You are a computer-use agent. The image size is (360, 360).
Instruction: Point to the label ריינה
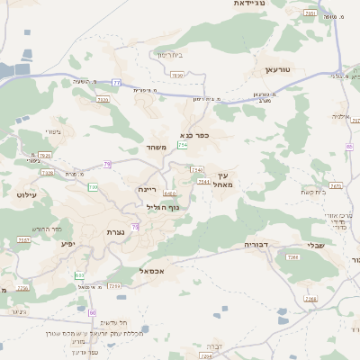tap(148, 189)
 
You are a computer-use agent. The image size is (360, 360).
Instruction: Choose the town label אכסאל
tap(152, 270)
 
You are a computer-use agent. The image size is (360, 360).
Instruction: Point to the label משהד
tap(156, 147)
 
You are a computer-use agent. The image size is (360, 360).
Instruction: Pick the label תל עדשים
tap(112, 322)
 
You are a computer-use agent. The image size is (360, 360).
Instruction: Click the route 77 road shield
tap(117, 83)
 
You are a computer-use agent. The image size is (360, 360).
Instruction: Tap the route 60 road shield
tap(93, 311)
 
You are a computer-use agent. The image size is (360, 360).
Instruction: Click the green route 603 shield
tap(79, 274)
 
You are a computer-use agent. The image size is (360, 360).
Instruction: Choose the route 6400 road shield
tap(170, 193)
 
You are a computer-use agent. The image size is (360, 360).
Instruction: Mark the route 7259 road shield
tap(114, 285)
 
